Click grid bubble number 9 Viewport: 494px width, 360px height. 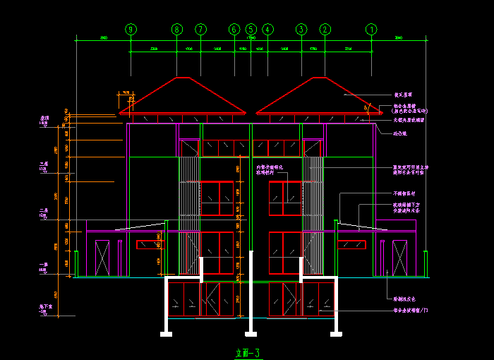131,30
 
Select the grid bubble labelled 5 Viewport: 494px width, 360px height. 251,30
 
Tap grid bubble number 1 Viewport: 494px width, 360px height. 372,30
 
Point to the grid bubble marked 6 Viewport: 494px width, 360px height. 234,30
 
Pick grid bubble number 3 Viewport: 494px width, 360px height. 301,30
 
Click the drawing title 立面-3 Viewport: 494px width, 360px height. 247,352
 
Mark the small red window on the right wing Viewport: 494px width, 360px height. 352,245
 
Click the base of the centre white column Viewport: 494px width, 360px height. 251,333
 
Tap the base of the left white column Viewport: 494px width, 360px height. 167,333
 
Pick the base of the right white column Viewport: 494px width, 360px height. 335,333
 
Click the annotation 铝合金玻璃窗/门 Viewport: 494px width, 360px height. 410,310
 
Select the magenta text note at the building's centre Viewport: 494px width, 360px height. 269,169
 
